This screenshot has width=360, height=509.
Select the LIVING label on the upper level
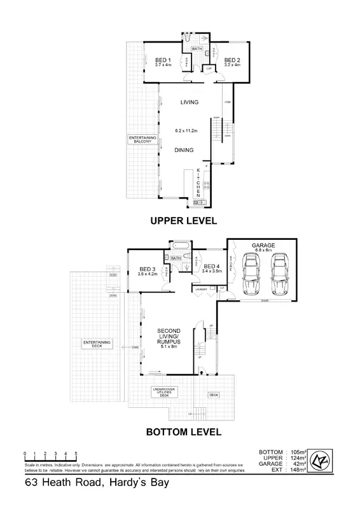click(189, 102)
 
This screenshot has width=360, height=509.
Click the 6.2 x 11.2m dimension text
click(187, 131)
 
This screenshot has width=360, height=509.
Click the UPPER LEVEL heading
click(183, 221)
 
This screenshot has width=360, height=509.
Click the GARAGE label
click(263, 244)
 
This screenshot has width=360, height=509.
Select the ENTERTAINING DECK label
click(97, 344)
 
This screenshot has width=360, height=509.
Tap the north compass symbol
click(323, 462)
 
